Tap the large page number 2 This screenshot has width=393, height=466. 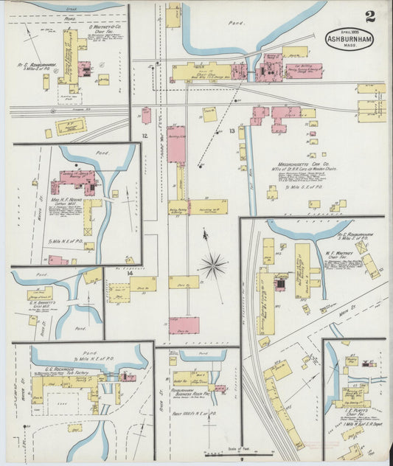click(x=369, y=16)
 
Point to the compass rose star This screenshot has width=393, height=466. click(x=213, y=264)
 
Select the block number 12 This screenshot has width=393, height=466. click(x=145, y=136)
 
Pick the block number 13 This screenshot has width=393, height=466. click(x=232, y=131)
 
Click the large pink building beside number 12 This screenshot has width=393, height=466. click(x=176, y=145)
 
